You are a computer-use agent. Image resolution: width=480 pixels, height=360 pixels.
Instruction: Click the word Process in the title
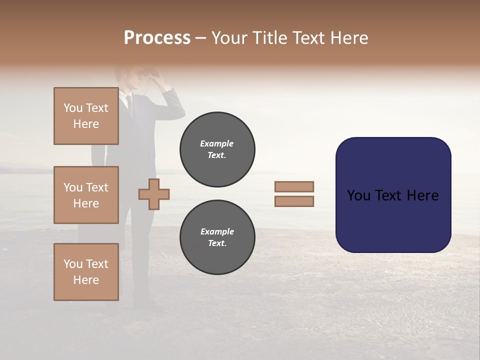click(x=157, y=38)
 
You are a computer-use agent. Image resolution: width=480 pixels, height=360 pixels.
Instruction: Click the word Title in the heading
click(x=268, y=38)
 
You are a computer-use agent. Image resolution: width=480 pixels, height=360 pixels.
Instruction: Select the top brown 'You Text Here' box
click(x=86, y=116)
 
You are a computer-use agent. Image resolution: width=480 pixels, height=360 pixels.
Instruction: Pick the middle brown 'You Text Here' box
click(x=86, y=195)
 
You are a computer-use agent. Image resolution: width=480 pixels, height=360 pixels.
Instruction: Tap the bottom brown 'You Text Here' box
click(x=86, y=272)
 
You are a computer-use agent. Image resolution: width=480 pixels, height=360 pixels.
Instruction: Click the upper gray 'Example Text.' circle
click(x=217, y=149)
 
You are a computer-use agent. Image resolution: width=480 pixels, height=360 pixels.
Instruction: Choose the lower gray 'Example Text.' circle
click(x=217, y=237)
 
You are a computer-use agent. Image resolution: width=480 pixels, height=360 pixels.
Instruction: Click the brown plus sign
click(x=153, y=194)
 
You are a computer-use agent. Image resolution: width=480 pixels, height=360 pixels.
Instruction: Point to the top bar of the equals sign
click(x=294, y=187)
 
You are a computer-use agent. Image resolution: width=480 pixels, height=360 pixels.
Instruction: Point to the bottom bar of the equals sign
click(x=294, y=201)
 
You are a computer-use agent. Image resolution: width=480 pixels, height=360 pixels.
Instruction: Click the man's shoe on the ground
click(x=148, y=306)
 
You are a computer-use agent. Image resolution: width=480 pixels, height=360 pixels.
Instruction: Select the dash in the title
click(x=201, y=38)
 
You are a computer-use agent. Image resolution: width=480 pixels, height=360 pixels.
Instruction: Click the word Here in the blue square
click(x=422, y=195)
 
